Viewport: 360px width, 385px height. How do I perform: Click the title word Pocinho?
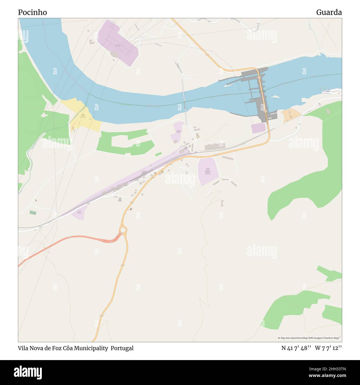click(32, 12)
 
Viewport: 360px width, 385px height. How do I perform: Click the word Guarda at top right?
click(329, 12)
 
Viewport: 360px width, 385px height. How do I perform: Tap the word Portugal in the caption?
click(122, 348)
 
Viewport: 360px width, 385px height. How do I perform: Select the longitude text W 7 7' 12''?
click(328, 348)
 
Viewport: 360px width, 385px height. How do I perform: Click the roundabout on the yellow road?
click(123, 230)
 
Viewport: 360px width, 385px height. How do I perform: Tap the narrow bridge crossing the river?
click(184, 102)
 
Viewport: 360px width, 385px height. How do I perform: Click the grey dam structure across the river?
click(260, 91)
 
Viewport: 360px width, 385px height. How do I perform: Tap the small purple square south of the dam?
click(258, 128)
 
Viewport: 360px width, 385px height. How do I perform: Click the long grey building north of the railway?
click(215, 147)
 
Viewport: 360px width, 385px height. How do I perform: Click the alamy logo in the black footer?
click(28, 372)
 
